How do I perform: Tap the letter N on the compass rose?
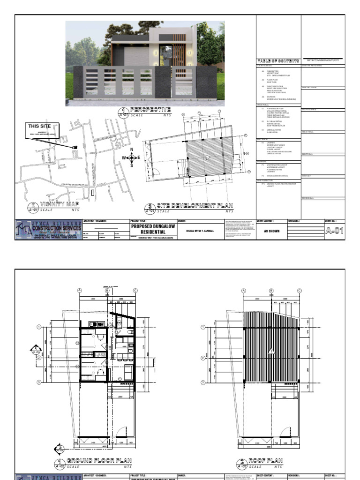click(x=132, y=150)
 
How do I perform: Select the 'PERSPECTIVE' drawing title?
click(x=151, y=109)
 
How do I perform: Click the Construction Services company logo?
click(x=48, y=230)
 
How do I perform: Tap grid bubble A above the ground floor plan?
click(x=80, y=291)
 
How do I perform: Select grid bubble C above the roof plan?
click(x=299, y=291)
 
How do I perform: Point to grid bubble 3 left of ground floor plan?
click(x=39, y=382)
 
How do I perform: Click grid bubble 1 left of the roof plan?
click(x=203, y=327)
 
